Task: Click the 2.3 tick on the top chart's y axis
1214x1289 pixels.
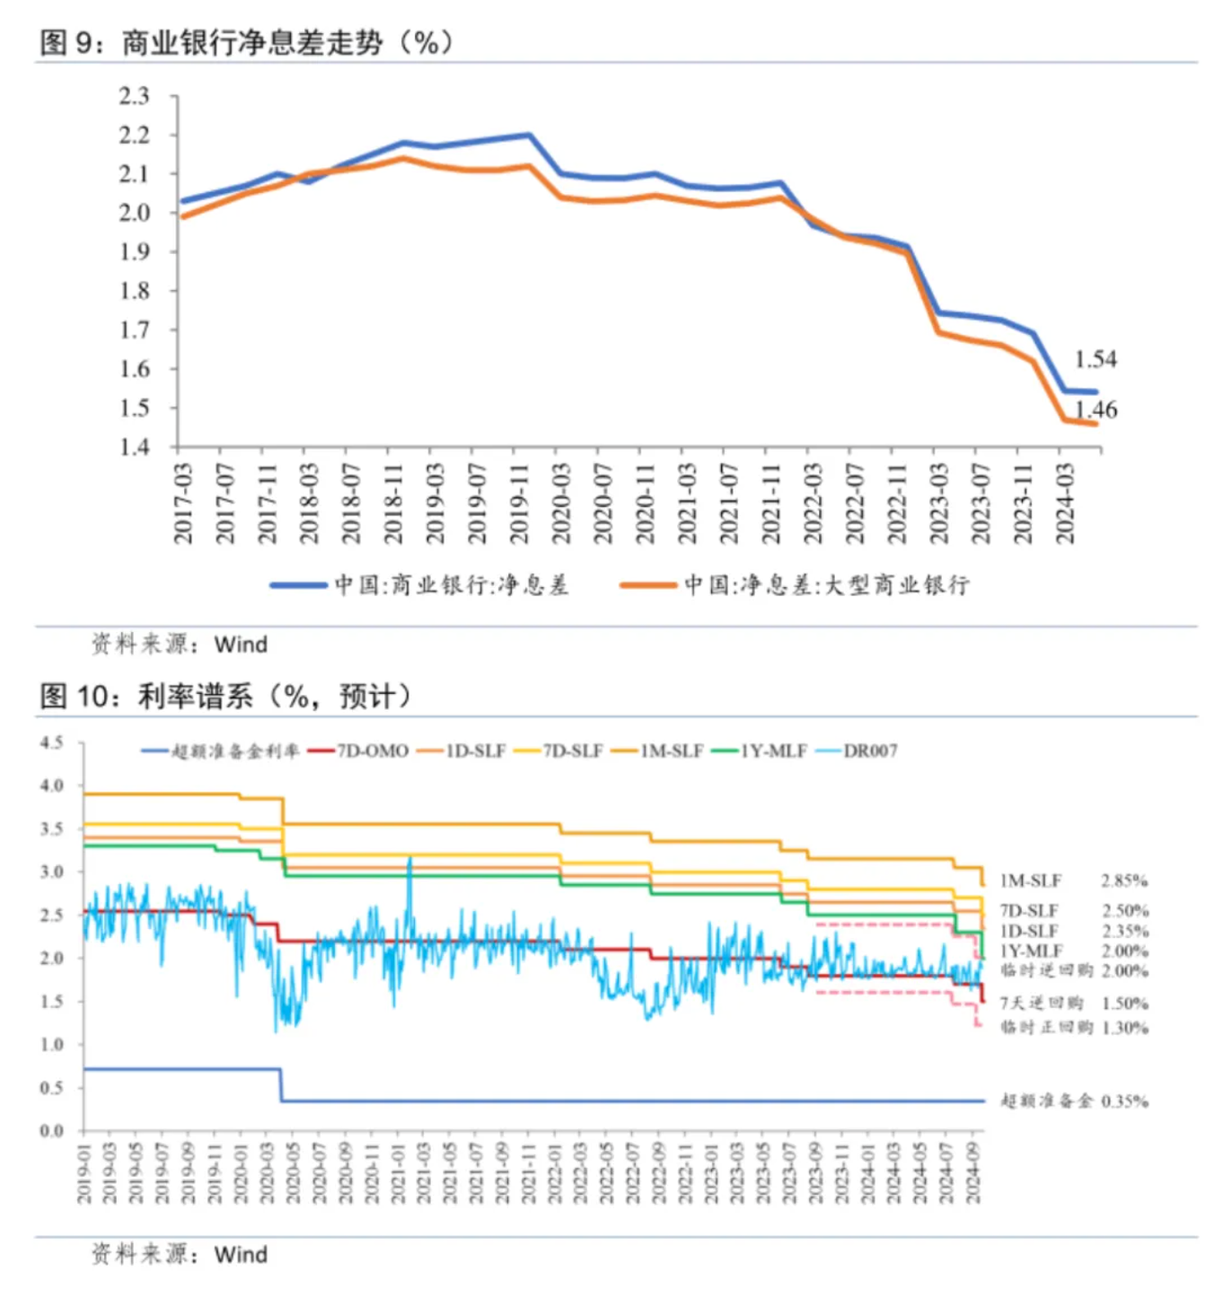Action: point(135,96)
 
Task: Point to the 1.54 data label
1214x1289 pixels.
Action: point(1095,359)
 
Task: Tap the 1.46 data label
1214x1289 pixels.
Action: point(1096,410)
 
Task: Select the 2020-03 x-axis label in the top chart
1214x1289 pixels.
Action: point(561,503)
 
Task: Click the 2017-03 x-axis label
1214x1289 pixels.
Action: point(183,503)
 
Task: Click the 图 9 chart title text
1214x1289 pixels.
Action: point(245,42)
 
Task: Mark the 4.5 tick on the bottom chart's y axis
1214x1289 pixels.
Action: point(51,742)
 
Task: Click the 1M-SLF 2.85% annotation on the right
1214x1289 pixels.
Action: point(1074,881)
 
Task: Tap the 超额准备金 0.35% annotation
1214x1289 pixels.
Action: point(1074,1100)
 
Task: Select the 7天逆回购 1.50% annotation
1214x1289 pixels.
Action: point(1074,1003)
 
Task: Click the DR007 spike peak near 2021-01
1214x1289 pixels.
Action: point(410,859)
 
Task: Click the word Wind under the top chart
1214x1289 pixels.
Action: point(241,644)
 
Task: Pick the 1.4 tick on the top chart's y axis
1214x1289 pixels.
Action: point(135,447)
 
